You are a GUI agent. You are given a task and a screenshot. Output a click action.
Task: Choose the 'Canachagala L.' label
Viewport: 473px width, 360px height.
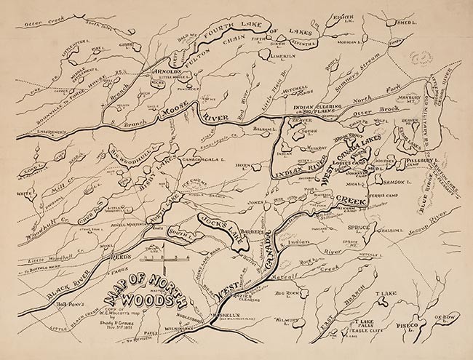click(180, 158)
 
